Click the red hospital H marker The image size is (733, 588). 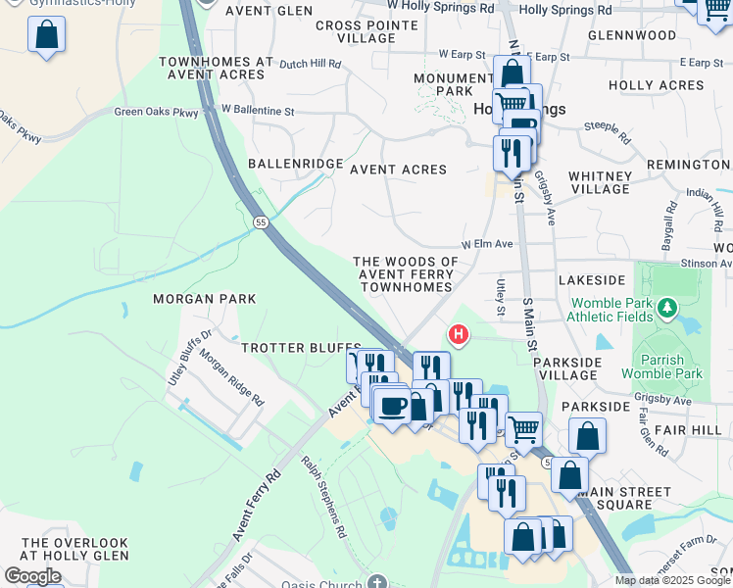458,336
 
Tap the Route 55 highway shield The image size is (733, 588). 260,222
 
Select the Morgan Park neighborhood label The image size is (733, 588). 204,298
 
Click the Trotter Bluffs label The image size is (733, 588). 301,348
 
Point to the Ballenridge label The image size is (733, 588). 295,164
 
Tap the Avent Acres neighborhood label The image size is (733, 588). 398,170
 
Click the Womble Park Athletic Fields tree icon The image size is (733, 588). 667,310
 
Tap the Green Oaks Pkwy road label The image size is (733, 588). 156,113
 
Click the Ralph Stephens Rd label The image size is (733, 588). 324,498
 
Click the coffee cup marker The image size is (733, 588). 394,406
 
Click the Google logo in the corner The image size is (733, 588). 32,576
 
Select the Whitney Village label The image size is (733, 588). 600,182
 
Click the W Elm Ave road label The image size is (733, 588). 487,243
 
